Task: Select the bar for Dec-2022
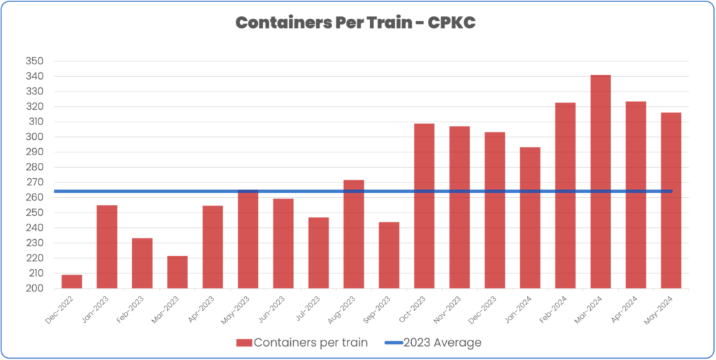click(x=71, y=282)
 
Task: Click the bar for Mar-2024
click(x=601, y=182)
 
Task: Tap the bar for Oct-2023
click(x=424, y=206)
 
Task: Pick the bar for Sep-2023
click(x=389, y=255)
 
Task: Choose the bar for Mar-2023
click(x=177, y=272)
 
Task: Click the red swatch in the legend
click(x=243, y=343)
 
